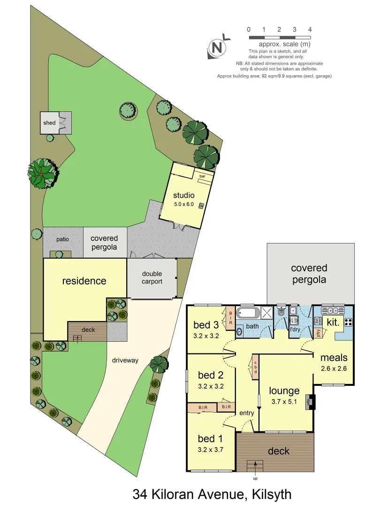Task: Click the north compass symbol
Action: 217,47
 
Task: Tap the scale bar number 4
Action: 310,30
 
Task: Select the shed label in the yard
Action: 50,123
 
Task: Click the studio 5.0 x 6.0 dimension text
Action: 183,204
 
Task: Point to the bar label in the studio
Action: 203,176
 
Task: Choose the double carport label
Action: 152,277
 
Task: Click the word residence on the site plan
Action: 84,281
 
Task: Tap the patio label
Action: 62,239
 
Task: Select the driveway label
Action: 125,360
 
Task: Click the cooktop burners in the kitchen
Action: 348,322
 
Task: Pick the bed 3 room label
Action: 206,325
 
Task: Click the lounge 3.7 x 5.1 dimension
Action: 284,401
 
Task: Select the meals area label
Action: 334,358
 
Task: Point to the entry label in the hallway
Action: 246,413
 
